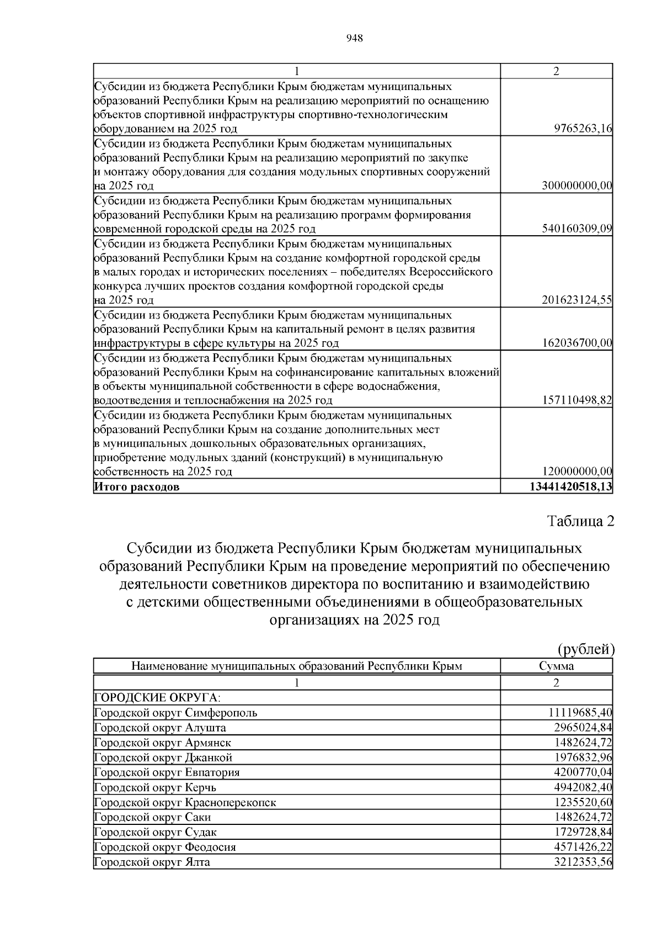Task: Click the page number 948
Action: coord(354,38)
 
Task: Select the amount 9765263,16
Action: coord(583,129)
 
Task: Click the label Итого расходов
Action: coord(137,487)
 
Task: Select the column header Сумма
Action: coord(556,666)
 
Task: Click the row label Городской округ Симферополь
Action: coord(176,713)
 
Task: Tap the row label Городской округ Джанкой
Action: coord(163,758)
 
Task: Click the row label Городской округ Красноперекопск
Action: coord(185,802)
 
